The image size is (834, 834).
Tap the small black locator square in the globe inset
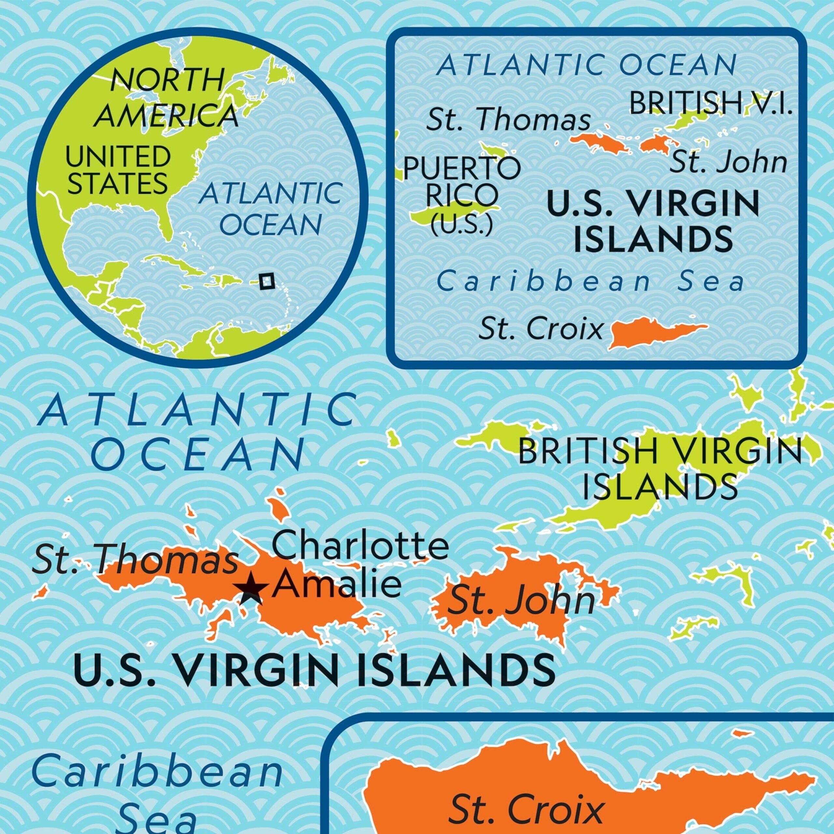point(267,281)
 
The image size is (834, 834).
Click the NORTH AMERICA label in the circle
point(166,98)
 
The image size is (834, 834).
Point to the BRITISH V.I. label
point(711,104)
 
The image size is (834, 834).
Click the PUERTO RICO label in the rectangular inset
point(461,181)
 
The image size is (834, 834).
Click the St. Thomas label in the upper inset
point(508,120)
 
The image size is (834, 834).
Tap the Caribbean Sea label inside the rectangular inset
point(591,281)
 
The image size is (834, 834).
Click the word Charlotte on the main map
point(360,546)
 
